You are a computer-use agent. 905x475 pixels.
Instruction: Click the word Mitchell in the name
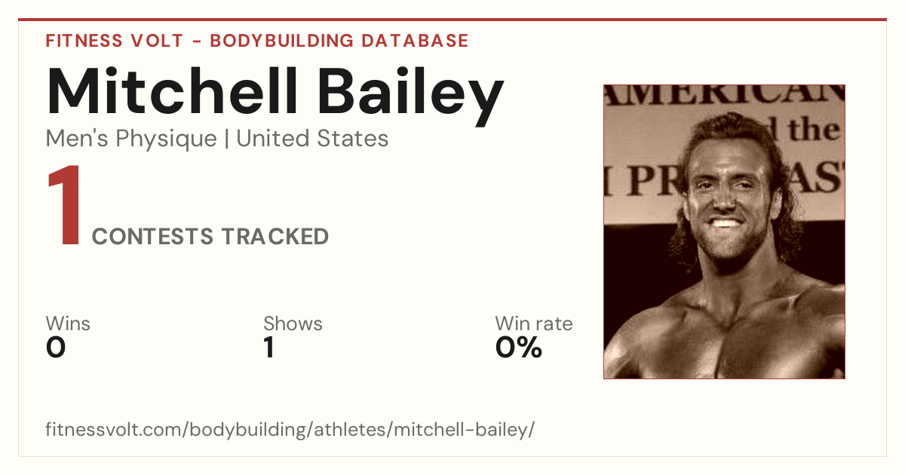coord(172,91)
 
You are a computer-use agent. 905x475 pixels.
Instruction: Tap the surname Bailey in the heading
coord(410,97)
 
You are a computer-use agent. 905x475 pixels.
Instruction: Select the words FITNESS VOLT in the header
coord(115,41)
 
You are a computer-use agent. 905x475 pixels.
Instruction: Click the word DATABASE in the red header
coord(415,41)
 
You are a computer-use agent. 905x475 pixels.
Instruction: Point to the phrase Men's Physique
coord(131,139)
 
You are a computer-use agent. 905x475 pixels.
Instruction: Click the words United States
coord(312,138)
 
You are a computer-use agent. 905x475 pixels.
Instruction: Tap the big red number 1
coord(65,205)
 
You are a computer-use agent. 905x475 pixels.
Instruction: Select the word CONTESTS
coord(152,237)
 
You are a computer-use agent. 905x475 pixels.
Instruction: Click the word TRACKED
coord(275,237)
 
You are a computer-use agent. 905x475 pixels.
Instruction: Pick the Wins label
coord(68,323)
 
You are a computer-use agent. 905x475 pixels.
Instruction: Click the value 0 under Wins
coord(56,348)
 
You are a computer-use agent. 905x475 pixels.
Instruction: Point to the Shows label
coord(293,323)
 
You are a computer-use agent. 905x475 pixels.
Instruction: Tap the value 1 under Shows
coord(269,348)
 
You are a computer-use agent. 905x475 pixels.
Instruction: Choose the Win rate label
coord(534,323)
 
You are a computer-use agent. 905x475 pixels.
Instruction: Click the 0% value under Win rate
coord(519,348)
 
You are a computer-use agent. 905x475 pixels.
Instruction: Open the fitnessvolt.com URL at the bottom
coord(290,429)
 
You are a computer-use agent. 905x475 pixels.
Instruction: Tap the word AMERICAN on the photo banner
coord(724,96)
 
